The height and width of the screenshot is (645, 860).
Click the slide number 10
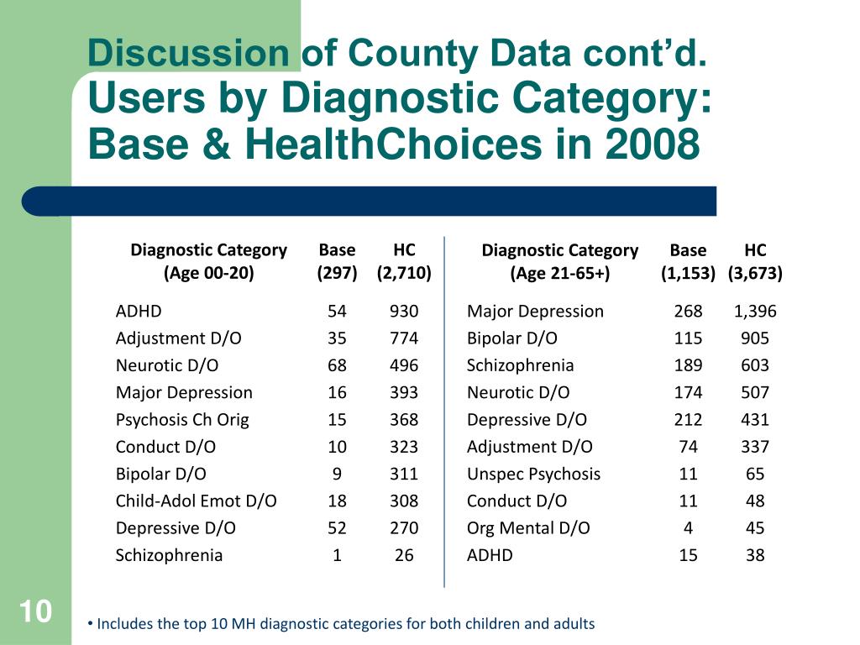(x=35, y=611)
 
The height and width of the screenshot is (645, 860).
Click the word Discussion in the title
(x=188, y=53)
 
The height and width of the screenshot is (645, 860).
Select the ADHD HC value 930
(x=404, y=311)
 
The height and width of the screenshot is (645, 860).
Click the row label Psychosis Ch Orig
(x=182, y=420)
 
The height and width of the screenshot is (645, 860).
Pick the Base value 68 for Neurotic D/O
(x=337, y=365)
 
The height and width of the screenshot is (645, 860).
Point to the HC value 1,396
(x=755, y=312)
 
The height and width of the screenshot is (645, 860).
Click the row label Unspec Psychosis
(x=533, y=475)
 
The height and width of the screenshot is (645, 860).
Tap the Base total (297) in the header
(x=337, y=273)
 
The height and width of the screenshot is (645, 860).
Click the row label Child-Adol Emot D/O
(x=196, y=501)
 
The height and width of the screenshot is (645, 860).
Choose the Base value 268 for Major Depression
(x=688, y=311)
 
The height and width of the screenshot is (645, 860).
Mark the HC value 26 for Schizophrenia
(x=404, y=555)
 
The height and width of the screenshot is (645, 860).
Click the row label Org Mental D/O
(x=528, y=528)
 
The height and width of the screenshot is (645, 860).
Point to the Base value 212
(x=688, y=420)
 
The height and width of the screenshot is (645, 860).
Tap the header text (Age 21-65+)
(x=559, y=273)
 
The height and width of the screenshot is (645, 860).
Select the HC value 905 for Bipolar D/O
(x=755, y=338)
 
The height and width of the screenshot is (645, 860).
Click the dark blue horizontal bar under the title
(x=369, y=202)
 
